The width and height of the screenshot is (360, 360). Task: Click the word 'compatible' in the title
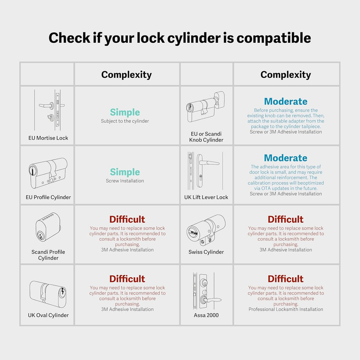point(274,38)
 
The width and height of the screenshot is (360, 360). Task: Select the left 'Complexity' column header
point(126,75)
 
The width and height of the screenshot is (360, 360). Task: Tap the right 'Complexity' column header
point(286,75)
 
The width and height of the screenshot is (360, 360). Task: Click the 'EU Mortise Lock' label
point(48,138)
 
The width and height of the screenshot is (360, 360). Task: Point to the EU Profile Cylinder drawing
point(48,173)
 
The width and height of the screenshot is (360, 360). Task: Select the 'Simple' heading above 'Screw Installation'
point(125,172)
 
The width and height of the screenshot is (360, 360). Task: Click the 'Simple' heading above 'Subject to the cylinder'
point(125,112)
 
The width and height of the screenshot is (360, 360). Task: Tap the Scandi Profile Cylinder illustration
point(48,227)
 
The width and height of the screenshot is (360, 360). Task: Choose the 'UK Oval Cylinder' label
point(48,315)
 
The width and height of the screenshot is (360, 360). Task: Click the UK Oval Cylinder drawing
point(48,294)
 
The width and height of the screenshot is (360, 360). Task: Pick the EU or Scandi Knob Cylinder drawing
point(206,107)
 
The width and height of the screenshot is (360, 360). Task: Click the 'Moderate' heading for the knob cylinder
point(286,102)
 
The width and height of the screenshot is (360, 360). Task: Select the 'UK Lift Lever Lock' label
point(206,197)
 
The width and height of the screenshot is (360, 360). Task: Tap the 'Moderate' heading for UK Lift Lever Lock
point(286,158)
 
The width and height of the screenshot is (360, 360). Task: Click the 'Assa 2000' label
point(206,315)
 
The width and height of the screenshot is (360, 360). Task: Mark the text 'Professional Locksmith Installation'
point(286,309)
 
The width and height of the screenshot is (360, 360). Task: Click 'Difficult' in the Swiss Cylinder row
point(286,219)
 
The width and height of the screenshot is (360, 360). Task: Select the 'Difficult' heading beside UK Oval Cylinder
point(127,279)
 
